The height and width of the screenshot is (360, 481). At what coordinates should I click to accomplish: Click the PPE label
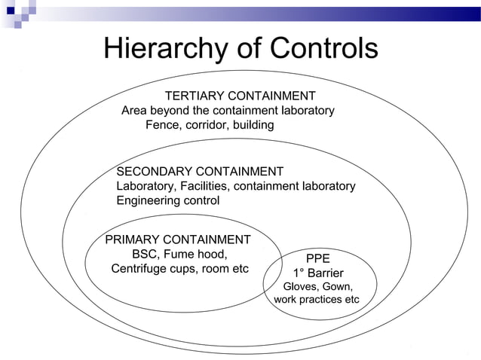(317, 258)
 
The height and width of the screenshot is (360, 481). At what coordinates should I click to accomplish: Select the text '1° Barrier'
(317, 273)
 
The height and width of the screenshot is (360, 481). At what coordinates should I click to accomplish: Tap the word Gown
(337, 286)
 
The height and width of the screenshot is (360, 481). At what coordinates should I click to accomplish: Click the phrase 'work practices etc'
(317, 300)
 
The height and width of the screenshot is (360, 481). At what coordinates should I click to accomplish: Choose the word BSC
(146, 254)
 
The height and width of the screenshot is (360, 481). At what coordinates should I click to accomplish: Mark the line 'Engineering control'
(167, 201)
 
